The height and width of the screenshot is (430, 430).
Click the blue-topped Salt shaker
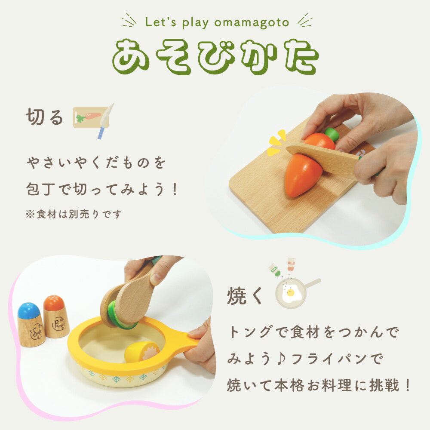31,325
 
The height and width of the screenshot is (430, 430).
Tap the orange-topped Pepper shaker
56,316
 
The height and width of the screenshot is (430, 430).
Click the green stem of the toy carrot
332,134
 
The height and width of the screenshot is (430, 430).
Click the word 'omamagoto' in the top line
252,22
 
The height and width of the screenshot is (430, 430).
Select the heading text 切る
44,117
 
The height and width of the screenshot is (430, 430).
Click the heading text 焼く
245,295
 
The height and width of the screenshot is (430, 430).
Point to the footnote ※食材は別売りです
74,214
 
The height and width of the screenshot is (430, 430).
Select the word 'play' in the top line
195,22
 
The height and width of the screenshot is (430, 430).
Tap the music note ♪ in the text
281,359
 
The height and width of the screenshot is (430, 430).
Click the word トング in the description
249,332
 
